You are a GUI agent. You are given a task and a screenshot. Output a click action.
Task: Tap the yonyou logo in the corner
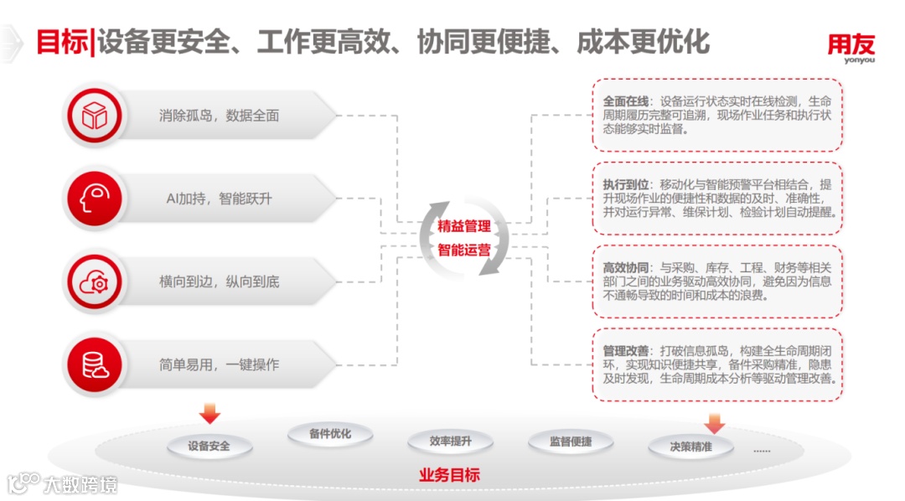[851, 47]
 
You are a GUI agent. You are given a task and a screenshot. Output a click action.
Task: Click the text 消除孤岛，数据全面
[219, 116]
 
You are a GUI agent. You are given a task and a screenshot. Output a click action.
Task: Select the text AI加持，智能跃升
[219, 199]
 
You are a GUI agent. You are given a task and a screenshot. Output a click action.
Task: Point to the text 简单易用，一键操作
[219, 364]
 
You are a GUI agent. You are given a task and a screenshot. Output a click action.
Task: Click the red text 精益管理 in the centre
[463, 226]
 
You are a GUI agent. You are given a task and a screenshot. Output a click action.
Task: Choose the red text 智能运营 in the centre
[463, 249]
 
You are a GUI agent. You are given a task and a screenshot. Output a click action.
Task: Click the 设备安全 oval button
[209, 446]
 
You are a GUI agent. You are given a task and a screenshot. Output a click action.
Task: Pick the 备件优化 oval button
[329, 434]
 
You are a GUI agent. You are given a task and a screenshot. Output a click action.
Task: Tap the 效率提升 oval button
[450, 442]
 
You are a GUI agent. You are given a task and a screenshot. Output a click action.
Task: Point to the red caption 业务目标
[449, 475]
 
